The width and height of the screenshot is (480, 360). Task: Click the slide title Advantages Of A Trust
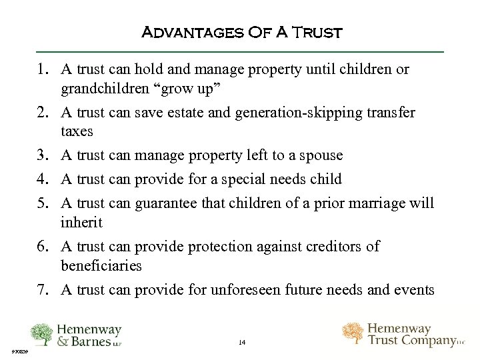[242, 32]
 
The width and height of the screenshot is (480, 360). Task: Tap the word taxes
[77, 131]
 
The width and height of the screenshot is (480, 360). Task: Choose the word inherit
[81, 221]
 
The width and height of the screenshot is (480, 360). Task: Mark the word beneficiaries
[101, 266]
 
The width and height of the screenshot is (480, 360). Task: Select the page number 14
[241, 343]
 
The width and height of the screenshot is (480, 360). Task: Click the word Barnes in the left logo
[91, 342]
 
